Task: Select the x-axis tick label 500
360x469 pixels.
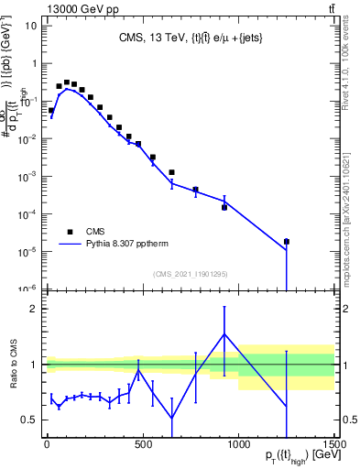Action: point(143,444)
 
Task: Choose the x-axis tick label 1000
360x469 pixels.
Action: point(239,444)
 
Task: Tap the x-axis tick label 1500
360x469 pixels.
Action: point(335,444)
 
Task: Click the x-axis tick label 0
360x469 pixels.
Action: point(47,444)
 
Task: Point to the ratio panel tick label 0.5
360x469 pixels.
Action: point(28,420)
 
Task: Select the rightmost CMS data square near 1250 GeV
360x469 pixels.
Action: point(287,242)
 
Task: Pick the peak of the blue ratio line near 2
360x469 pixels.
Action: point(224,333)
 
